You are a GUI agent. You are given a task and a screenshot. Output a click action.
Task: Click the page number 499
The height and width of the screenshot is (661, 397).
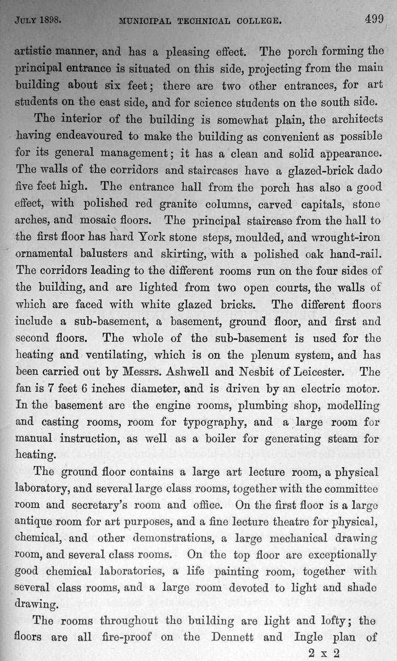click(375, 20)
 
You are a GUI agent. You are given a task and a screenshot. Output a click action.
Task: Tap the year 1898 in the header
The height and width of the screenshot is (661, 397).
click(50, 21)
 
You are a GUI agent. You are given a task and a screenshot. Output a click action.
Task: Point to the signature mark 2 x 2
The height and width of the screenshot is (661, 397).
click(324, 652)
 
